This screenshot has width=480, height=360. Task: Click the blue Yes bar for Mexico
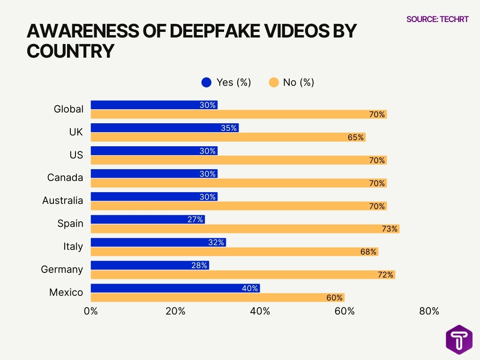point(175,288)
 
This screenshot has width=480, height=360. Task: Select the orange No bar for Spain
point(245,229)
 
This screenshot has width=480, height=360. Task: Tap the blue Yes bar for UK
point(164,128)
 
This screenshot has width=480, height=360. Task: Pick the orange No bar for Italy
point(234,252)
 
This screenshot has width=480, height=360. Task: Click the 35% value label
point(229,128)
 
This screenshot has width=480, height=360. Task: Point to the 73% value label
point(390,229)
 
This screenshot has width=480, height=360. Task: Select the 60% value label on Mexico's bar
point(335,298)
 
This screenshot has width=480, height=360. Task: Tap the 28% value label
point(199,265)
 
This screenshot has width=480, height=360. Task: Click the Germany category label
point(62,270)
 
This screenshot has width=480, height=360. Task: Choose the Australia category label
point(62,201)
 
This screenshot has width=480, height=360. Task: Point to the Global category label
point(68,109)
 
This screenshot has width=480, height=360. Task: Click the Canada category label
point(65,178)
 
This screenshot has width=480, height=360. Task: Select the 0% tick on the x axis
point(90,312)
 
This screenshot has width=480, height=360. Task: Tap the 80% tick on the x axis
point(429,312)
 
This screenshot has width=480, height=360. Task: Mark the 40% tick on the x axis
point(260,312)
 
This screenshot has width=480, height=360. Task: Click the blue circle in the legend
point(206,82)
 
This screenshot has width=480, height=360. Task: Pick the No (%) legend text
point(299,82)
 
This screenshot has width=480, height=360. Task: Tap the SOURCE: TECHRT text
point(437,19)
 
